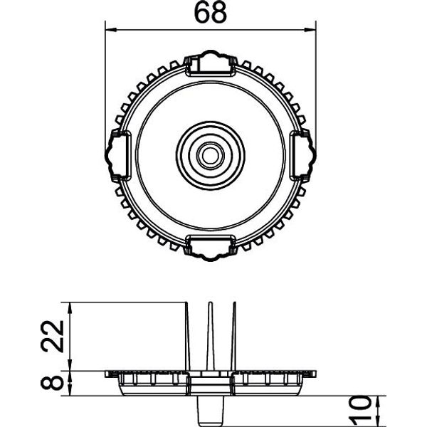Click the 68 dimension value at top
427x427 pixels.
(x=210, y=13)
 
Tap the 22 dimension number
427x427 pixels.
(x=52, y=336)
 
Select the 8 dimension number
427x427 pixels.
(x=52, y=382)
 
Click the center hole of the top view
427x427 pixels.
(x=210, y=156)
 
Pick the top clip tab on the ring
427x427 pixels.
(x=210, y=63)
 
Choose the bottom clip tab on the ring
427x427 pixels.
(x=210, y=248)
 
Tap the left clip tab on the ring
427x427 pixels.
(x=118, y=155)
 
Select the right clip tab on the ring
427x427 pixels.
(x=302, y=155)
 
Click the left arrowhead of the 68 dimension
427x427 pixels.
(x=111, y=29)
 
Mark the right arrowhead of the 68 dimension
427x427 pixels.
(x=310, y=29)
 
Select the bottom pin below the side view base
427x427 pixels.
(x=210, y=411)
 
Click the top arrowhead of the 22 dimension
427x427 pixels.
(x=70, y=308)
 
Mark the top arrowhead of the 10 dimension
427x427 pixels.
(x=379, y=401)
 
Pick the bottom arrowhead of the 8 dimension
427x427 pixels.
(x=70, y=390)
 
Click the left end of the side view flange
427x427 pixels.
(x=105, y=374)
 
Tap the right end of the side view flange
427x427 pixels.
(x=315, y=374)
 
